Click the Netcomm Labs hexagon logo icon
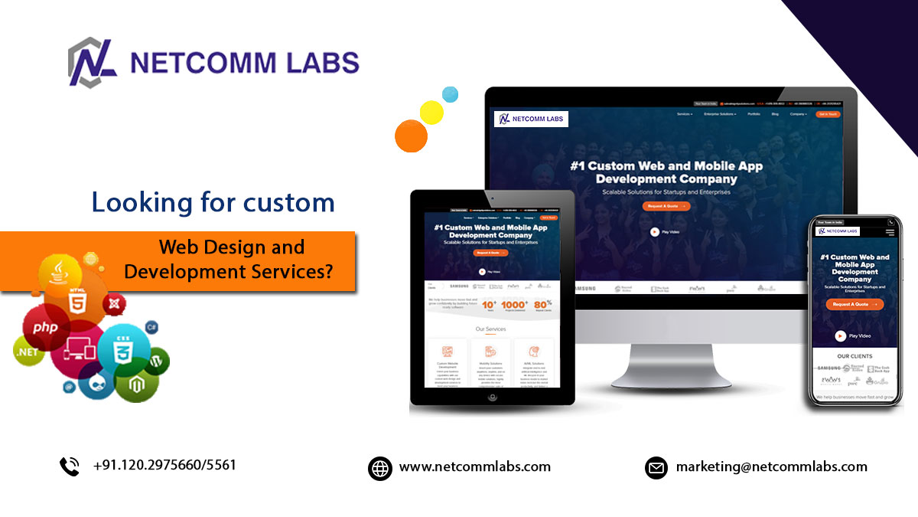click(x=93, y=62)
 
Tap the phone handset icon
click(x=70, y=466)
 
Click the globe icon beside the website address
click(x=380, y=467)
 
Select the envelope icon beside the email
click(x=656, y=467)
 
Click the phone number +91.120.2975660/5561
click(x=164, y=465)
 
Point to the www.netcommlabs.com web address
click(x=474, y=466)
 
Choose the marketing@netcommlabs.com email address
click(x=771, y=466)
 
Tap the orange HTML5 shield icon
click(x=76, y=301)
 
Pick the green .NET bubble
click(x=28, y=352)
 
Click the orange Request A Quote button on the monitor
click(x=666, y=206)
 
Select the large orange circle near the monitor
click(x=411, y=136)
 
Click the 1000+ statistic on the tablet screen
click(x=514, y=305)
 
